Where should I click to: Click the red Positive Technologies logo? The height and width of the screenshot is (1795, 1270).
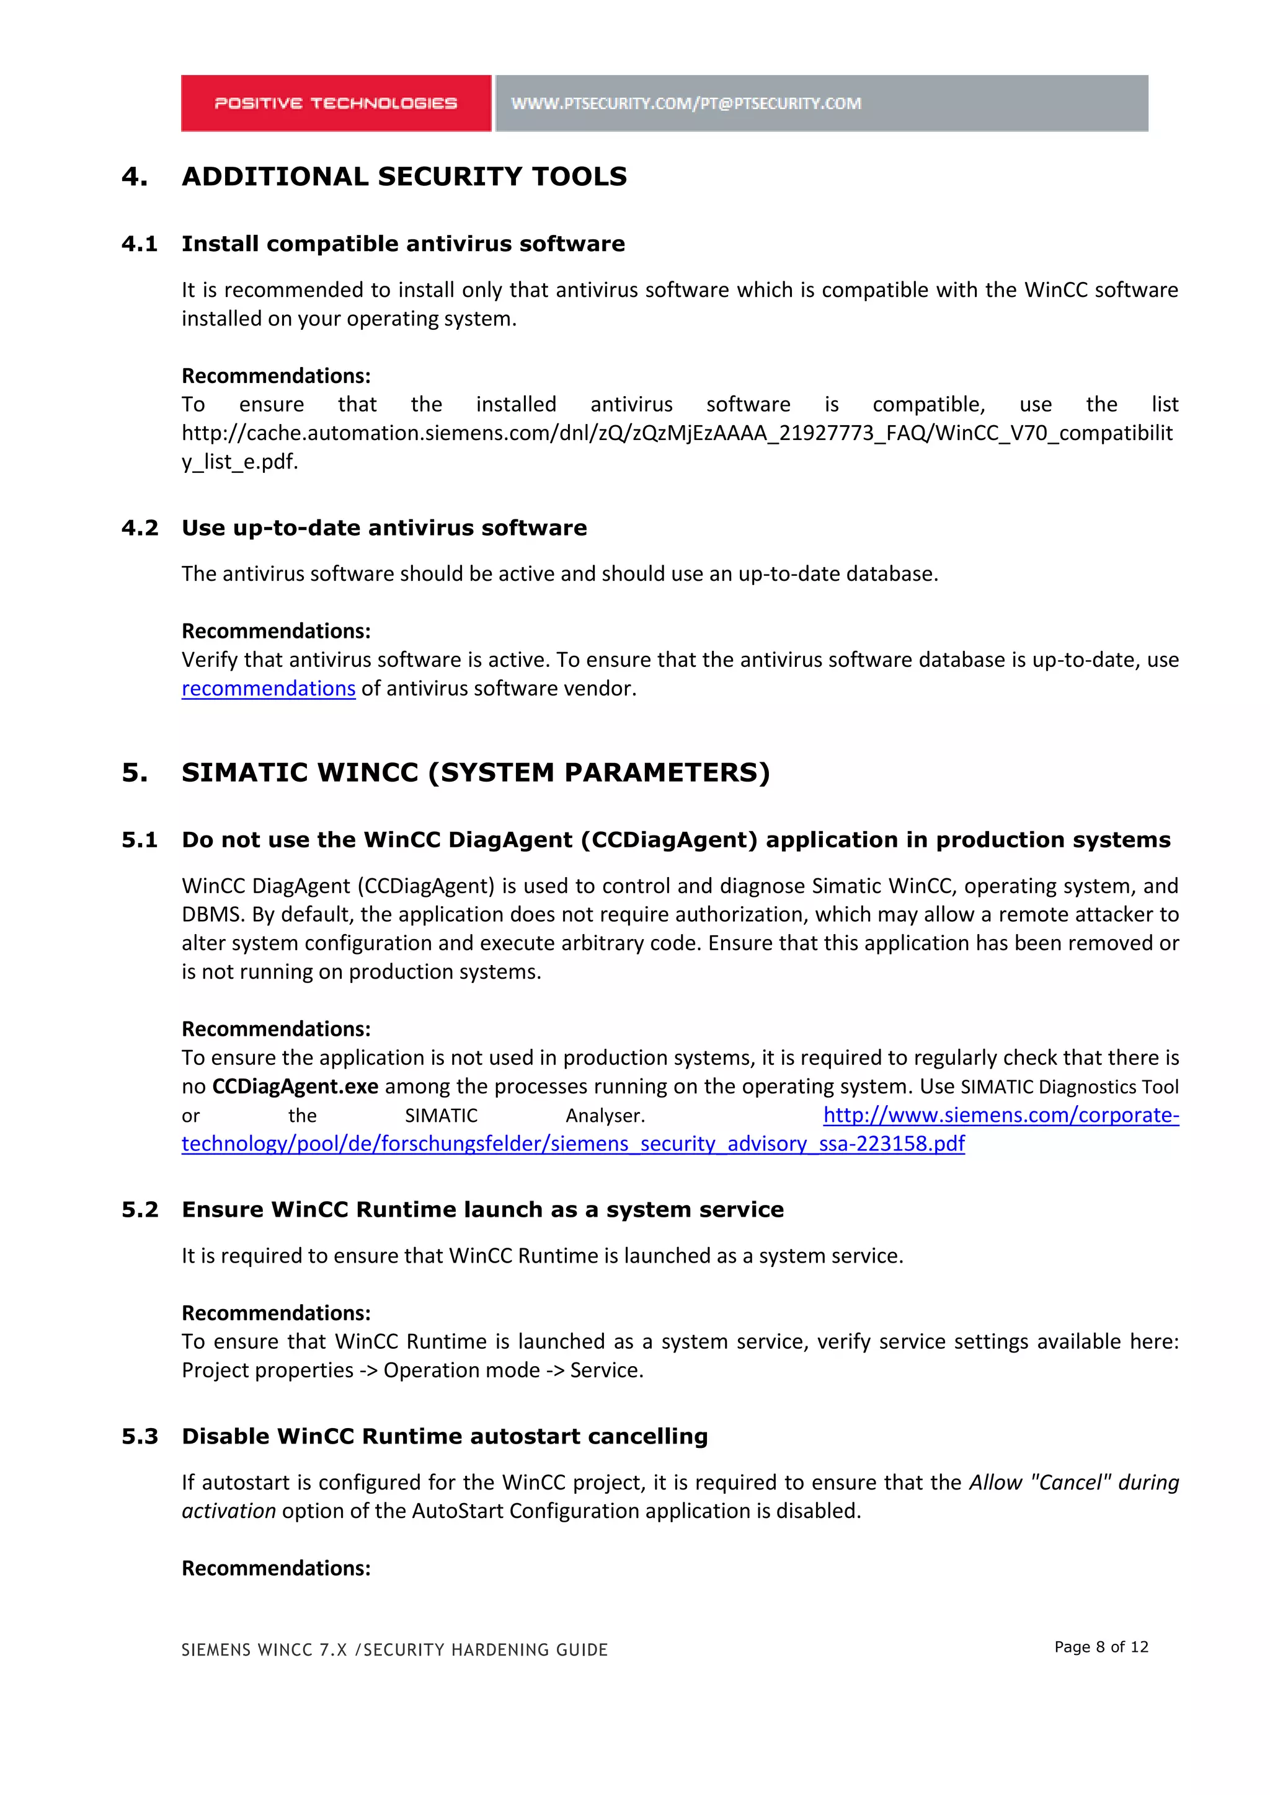pos(335,103)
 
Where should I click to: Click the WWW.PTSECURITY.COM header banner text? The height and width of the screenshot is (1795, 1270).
pos(686,103)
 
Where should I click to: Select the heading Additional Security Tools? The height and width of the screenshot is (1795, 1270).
pos(404,177)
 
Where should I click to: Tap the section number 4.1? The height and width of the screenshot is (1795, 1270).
pos(139,244)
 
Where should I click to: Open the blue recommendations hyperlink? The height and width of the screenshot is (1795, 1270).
pos(269,689)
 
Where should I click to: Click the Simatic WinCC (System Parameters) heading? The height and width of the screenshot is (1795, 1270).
pos(476,772)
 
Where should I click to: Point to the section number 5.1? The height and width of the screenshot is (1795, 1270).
pos(139,840)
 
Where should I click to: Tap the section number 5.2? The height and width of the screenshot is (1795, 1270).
pos(139,1209)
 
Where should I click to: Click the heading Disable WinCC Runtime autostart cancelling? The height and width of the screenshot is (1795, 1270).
pos(444,1436)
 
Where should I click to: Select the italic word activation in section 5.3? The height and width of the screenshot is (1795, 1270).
pos(228,1511)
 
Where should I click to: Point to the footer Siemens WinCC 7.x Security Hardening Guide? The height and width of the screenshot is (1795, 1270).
pos(394,1649)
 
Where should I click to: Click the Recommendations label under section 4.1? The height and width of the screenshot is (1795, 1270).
pos(275,376)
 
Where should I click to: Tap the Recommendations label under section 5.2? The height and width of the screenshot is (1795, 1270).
pos(275,1313)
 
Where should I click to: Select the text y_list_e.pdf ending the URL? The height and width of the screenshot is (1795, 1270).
pos(239,462)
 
